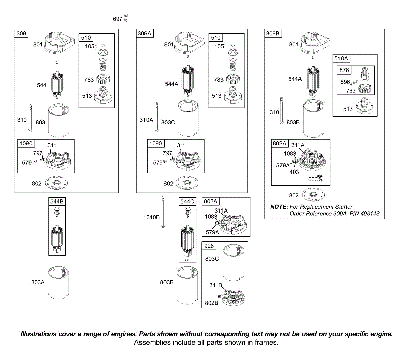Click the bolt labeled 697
click(x=126, y=18)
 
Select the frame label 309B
click(x=273, y=33)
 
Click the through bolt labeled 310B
click(x=163, y=212)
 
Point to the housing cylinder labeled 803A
click(x=58, y=283)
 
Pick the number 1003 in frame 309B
click(x=311, y=179)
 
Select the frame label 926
click(x=209, y=246)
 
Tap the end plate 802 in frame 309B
click(x=313, y=194)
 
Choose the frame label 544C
click(x=187, y=201)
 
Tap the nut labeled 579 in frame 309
click(x=35, y=161)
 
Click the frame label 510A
click(x=341, y=58)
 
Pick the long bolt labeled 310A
click(x=157, y=117)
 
